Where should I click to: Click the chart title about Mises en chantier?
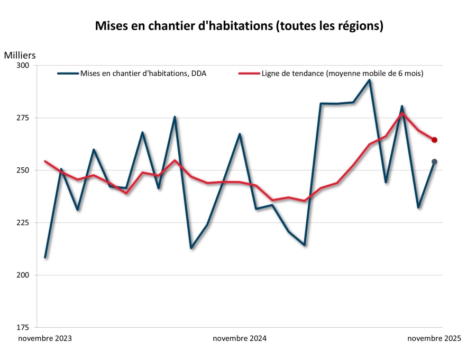tap(239, 26)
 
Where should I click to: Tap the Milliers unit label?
tap(20, 55)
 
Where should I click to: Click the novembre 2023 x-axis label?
tap(45, 338)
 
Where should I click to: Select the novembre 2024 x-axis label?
tap(240, 338)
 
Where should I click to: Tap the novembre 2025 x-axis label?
tap(434, 338)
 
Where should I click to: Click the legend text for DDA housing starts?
tap(143, 74)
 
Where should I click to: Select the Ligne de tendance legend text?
tap(342, 74)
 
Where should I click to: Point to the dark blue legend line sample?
tap(68, 74)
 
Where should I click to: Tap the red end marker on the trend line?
tap(434, 140)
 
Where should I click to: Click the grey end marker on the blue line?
tap(434, 161)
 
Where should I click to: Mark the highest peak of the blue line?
tap(369, 80)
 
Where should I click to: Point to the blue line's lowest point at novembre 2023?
tap(45, 257)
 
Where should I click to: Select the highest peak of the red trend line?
tap(402, 113)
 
